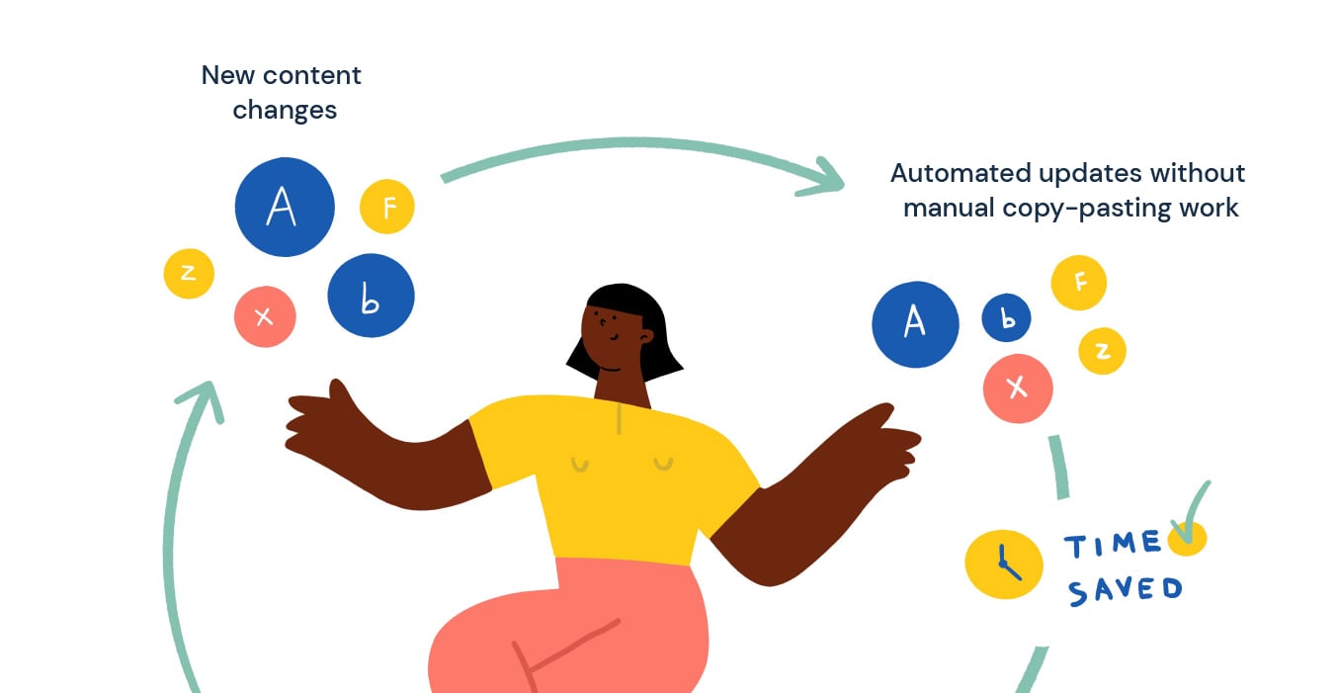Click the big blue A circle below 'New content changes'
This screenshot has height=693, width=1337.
coord(285,208)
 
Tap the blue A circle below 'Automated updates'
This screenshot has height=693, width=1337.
coord(915,324)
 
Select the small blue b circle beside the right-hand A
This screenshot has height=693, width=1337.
coord(1006,318)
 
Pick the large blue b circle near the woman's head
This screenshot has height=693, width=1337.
coord(371,296)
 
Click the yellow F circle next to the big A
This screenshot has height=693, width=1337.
coord(387,207)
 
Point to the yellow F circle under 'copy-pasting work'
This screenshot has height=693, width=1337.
coord(1078,283)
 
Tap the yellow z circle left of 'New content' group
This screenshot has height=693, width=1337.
coord(189,273)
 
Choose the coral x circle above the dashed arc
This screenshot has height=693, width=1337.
coord(1018,389)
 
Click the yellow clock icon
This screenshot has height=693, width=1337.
coord(1004,564)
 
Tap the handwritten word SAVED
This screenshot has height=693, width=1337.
coord(1125,590)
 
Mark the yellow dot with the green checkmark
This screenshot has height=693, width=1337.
coord(1187,539)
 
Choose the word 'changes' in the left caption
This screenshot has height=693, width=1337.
coord(285,110)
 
